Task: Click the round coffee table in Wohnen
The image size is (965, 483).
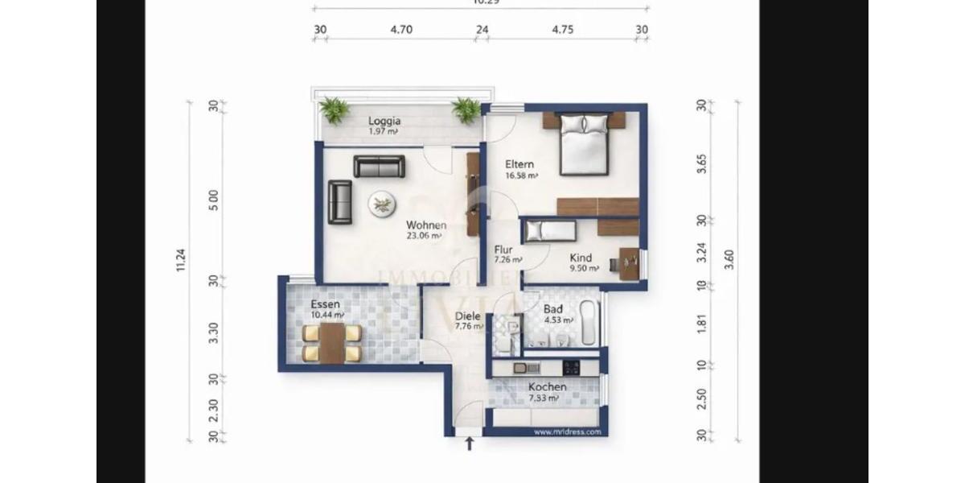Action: click(x=381, y=204)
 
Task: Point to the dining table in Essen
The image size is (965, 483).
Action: click(x=331, y=343)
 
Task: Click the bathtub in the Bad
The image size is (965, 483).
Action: click(x=589, y=323)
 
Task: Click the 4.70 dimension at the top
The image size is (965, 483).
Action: click(x=401, y=31)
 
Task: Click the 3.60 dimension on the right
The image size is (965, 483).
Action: click(x=729, y=259)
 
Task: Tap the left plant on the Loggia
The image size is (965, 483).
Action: click(x=334, y=109)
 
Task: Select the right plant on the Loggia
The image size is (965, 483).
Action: click(x=466, y=109)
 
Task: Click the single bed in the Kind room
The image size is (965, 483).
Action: click(x=550, y=232)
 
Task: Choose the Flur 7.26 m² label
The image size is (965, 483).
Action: click(x=507, y=254)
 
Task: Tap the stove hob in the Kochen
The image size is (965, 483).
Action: click(x=572, y=368)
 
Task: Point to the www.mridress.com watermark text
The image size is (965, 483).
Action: click(x=567, y=431)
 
